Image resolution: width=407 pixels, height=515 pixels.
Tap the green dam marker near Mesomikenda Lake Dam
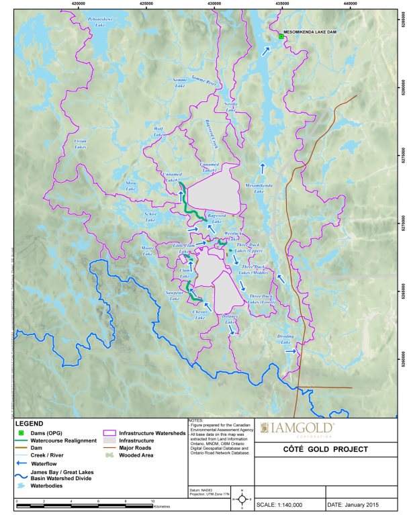(281, 37)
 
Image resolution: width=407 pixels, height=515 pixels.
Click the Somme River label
(205, 81)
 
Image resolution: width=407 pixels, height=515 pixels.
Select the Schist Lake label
(150, 217)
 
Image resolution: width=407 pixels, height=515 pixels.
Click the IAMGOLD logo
(306, 428)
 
